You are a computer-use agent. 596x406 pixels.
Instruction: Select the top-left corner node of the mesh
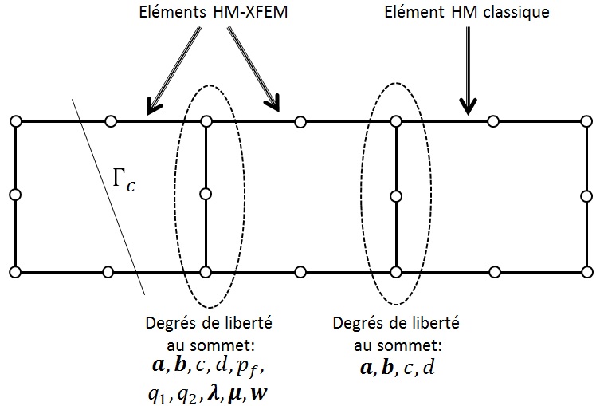tap(14, 121)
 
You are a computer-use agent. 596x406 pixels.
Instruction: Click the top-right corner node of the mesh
tap(587, 121)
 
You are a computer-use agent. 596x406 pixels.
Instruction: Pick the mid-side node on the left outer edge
tap(14, 195)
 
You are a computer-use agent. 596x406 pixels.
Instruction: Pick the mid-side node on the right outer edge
tap(587, 195)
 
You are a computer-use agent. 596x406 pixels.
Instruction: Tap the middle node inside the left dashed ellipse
tap(206, 194)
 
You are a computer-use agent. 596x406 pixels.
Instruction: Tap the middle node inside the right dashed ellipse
tap(395, 194)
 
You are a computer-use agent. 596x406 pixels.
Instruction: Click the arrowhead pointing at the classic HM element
tap(468, 106)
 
